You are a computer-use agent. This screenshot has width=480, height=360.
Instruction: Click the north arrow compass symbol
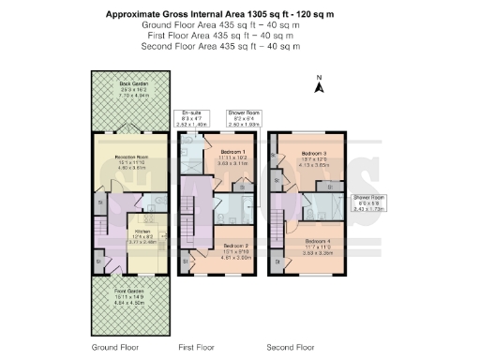point(320,85)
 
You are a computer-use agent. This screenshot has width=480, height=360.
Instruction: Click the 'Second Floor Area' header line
point(221,46)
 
